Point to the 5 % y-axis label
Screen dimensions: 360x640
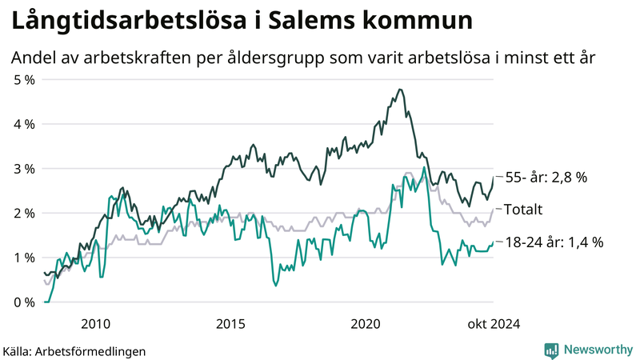tap(24, 80)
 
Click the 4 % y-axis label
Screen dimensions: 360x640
tap(24, 124)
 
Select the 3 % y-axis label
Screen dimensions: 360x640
tap(24, 169)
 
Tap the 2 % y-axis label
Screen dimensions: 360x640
tap(24, 213)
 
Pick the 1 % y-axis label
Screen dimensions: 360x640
tap(24, 258)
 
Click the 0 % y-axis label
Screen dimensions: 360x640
tap(24, 302)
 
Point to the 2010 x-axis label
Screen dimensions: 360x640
tap(95, 323)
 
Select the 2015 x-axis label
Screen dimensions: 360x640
tap(230, 323)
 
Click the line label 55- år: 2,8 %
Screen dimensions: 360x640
tap(547, 178)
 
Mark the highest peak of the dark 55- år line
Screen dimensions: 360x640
tap(400, 90)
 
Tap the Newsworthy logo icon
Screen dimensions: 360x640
tap(551, 350)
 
